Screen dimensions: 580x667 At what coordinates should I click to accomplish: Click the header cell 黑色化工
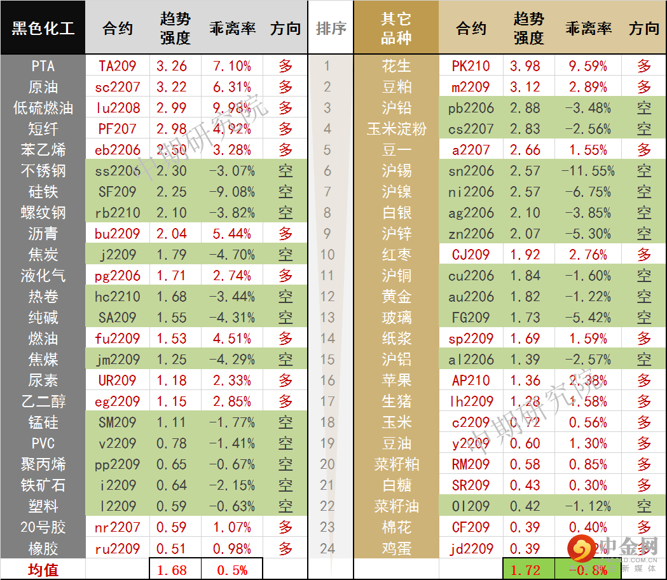43,29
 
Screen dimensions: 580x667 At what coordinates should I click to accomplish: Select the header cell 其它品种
395,29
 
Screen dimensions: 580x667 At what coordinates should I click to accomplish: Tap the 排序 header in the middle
331,29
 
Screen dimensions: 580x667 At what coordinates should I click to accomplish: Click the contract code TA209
117,66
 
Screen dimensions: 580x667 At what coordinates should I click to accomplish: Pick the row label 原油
43,87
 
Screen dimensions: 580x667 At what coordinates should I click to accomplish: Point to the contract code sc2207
117,87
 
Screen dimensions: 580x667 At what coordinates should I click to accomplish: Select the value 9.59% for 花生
588,66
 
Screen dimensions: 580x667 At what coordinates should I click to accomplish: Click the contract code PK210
471,66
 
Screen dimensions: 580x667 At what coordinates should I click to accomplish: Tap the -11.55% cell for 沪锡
588,171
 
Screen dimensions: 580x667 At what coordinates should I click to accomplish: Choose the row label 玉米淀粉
395,129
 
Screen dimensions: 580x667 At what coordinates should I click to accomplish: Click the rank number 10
327,255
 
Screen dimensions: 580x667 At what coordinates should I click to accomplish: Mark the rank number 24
327,548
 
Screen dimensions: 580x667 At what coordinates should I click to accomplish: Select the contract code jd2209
471,548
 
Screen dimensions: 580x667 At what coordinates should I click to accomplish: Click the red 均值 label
43,570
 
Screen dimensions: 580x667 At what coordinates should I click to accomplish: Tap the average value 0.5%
231,570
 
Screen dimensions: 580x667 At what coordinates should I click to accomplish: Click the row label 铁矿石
43,485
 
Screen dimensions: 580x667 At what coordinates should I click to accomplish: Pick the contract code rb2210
117,213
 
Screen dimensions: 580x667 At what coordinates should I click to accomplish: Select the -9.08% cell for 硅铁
231,192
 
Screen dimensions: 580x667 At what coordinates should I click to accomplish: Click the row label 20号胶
43,527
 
